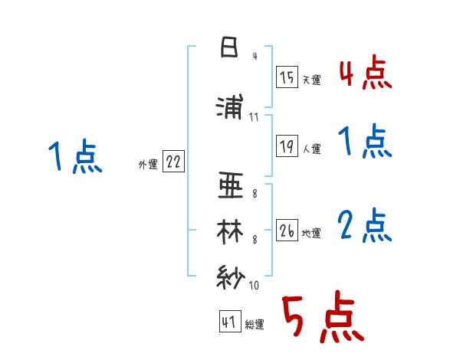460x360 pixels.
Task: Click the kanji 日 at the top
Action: [229, 48]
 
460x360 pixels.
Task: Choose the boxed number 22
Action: [173, 162]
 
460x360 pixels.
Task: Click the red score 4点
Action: [365, 74]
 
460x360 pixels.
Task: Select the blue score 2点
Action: [364, 226]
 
